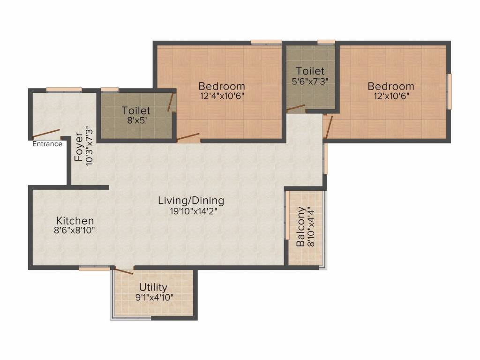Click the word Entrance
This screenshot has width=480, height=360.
(47, 144)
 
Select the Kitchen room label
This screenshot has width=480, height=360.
(75, 220)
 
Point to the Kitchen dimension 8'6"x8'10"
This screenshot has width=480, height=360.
(75, 230)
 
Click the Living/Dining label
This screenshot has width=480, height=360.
(191, 201)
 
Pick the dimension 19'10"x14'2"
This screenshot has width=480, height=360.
(191, 211)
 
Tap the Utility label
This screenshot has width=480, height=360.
(153, 287)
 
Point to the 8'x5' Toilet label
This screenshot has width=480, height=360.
(136, 111)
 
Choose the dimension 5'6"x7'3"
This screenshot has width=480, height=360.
(310, 81)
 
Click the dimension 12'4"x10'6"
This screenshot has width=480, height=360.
(221, 96)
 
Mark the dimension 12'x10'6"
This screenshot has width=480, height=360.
(390, 96)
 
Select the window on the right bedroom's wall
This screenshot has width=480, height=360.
(449, 91)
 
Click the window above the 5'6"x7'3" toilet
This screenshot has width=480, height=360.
(326, 42)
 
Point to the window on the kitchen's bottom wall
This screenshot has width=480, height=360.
(94, 269)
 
